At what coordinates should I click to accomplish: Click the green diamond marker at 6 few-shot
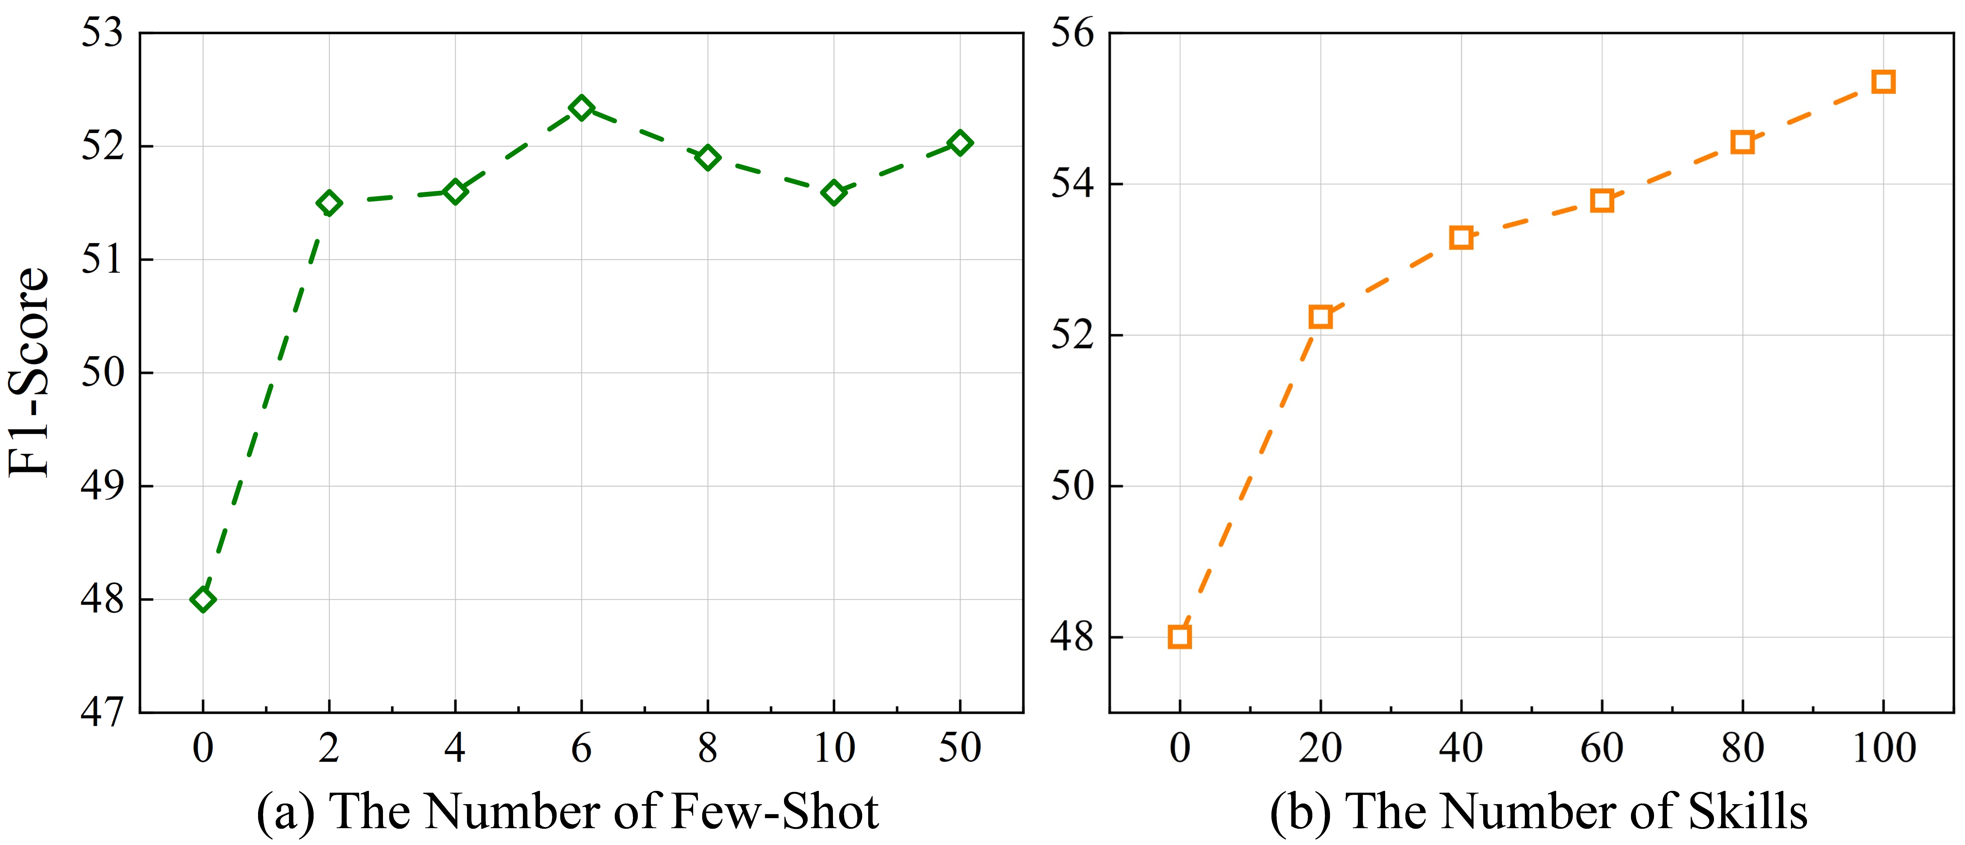pyautogui.click(x=581, y=108)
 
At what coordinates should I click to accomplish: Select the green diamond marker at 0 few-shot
pyautogui.click(x=203, y=599)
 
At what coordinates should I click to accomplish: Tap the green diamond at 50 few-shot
pyautogui.click(x=960, y=143)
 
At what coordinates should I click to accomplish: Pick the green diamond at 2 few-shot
pyautogui.click(x=329, y=203)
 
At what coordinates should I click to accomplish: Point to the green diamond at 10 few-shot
pyautogui.click(x=834, y=192)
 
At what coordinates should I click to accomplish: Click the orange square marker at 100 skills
pyautogui.click(x=1883, y=82)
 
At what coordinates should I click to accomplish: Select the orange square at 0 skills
pyautogui.click(x=1179, y=637)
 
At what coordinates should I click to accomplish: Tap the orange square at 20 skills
pyautogui.click(x=1320, y=316)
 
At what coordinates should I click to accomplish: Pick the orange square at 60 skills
pyautogui.click(x=1602, y=201)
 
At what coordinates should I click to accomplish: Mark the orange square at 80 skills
pyautogui.click(x=1742, y=142)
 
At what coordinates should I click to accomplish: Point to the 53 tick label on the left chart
pyautogui.click(x=102, y=34)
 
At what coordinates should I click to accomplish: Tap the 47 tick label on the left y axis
pyautogui.click(x=102, y=712)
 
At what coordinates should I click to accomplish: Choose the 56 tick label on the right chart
pyautogui.click(x=1072, y=34)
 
